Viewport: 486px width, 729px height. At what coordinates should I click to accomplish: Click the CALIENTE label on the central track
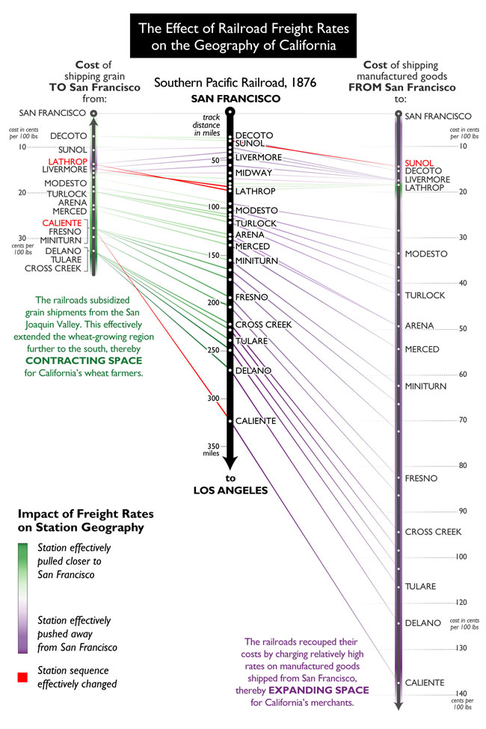(256, 421)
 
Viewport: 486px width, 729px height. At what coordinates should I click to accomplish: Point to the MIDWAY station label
(253, 173)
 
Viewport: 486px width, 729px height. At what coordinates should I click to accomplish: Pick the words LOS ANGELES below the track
(230, 490)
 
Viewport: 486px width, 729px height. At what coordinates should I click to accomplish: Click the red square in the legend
(23, 677)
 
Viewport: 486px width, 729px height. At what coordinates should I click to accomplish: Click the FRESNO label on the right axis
(421, 478)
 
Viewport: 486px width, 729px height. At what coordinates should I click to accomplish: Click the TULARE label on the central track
(251, 341)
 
